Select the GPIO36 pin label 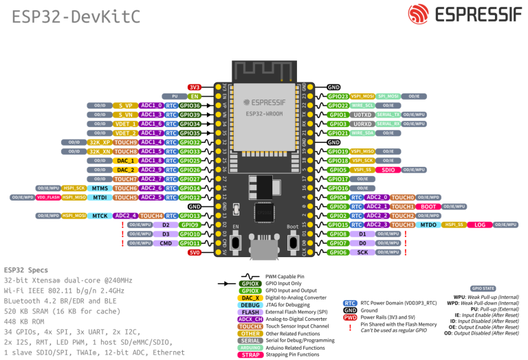coord(190,106)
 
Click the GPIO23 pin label coord(338,96)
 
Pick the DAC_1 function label coord(126,160)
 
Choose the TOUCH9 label coord(126,142)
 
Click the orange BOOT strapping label coord(428,206)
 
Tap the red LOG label coord(480,225)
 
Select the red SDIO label coord(388,169)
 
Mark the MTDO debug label coord(429,225)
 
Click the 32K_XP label coord(100,142)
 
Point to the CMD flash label coord(166,243)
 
